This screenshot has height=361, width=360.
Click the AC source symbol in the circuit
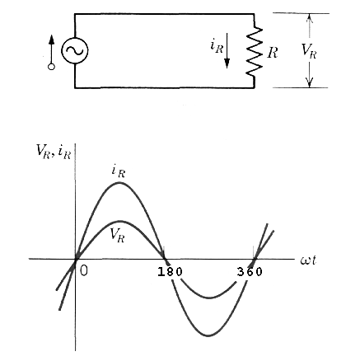74,51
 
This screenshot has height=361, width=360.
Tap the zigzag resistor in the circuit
255,51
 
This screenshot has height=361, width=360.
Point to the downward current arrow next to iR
229,51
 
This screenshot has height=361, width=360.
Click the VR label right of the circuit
308,50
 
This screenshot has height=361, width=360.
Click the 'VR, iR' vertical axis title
52,150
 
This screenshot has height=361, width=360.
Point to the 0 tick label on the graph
83,272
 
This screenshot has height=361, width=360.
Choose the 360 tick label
250,272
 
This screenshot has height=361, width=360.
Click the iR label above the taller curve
118,171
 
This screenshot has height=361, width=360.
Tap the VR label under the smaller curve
118,233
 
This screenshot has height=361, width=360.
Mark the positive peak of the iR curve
119,182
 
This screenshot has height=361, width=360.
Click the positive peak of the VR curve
119,221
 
